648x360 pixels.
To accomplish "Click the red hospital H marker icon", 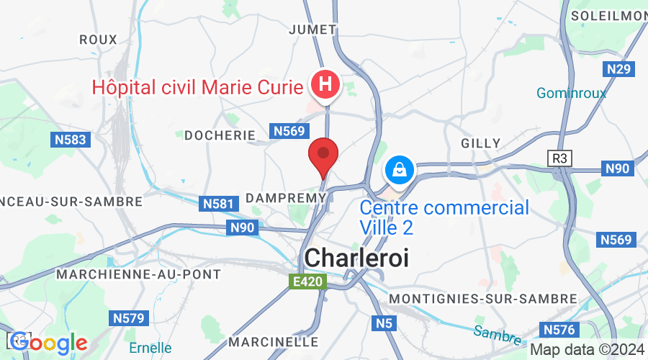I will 325,85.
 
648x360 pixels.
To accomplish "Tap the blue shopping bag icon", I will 397,170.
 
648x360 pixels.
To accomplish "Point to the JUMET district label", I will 312,30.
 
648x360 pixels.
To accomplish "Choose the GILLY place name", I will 480,143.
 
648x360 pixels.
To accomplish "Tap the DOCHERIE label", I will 220,135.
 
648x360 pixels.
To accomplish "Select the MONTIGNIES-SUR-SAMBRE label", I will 482,298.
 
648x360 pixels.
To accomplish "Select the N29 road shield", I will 618,69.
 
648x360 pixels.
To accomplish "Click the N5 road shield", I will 383,324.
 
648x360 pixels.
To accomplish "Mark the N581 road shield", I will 218,204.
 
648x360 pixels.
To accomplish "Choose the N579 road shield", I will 129,318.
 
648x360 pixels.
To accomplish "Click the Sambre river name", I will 497,333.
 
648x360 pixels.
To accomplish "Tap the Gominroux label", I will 571,93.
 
